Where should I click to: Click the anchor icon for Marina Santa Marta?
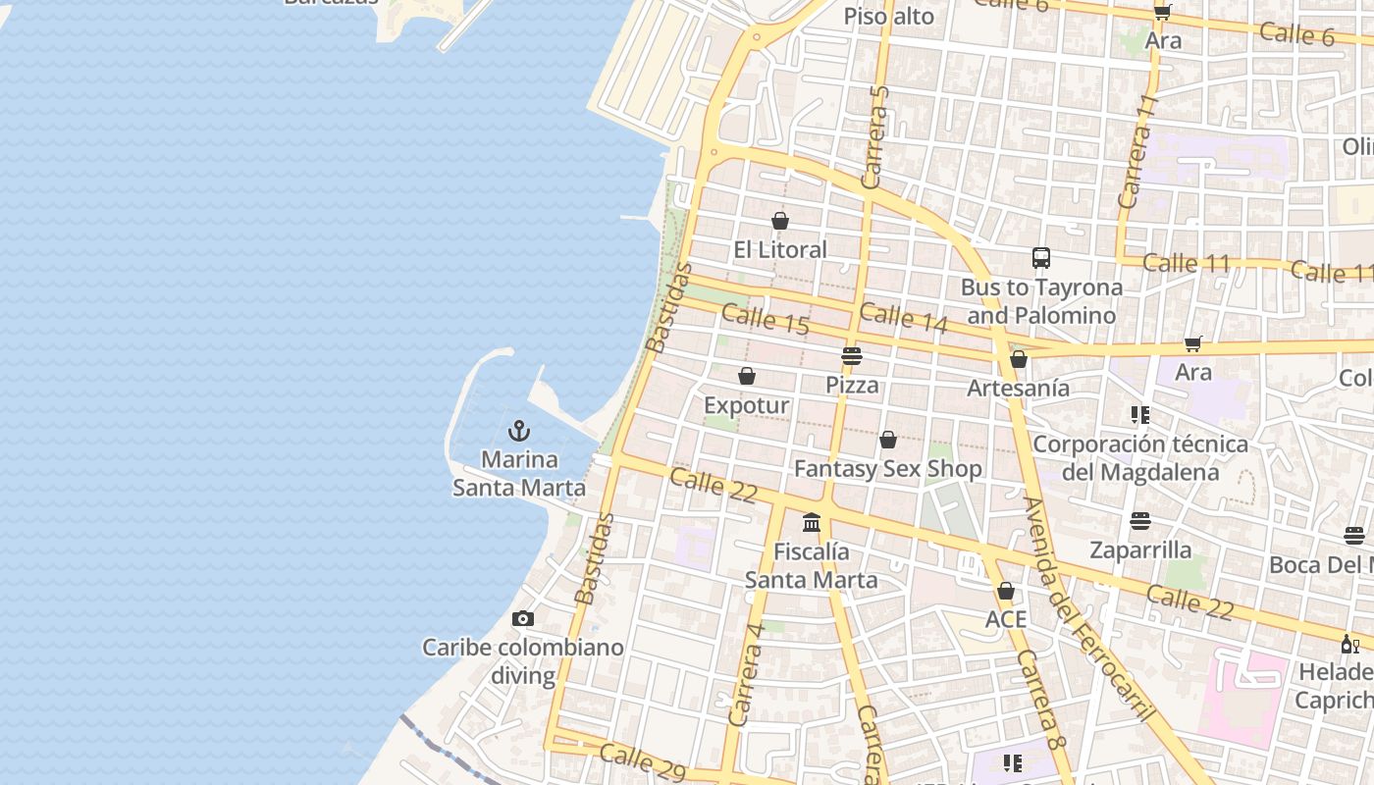coord(519,431)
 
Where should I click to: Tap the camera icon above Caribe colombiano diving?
coord(523,618)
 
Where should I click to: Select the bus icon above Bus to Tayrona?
coord(1041,258)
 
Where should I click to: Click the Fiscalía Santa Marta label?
coord(811,566)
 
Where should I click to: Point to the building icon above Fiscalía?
coord(811,522)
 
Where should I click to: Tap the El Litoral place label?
coord(780,250)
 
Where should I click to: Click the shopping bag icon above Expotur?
coord(747,376)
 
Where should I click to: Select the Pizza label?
coord(852,385)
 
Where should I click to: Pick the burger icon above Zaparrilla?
coord(1139,520)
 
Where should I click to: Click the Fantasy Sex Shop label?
coord(887,469)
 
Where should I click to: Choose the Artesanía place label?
coord(1018,389)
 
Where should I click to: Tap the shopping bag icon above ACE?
coord(1005,591)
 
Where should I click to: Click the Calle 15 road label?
coord(765,320)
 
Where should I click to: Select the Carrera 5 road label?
coord(873,136)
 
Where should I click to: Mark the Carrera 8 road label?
coord(1040,700)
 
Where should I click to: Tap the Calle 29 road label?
coord(642,762)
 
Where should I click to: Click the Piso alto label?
coord(888,17)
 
